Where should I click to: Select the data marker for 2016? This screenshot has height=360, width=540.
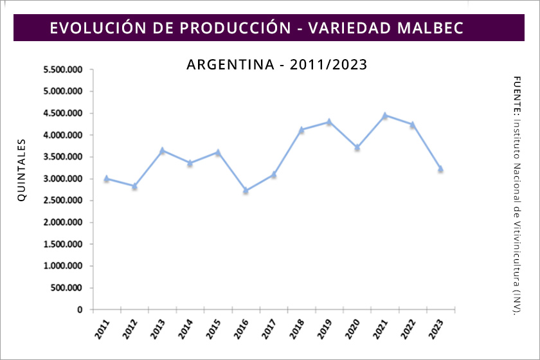click(x=246, y=190)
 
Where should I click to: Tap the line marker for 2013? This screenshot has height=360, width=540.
click(x=162, y=151)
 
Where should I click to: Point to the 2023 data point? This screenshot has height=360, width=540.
click(x=440, y=169)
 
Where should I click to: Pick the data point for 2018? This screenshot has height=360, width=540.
click(x=301, y=130)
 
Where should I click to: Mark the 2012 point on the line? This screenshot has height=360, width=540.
click(x=134, y=186)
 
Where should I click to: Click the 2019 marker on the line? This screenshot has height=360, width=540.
click(x=329, y=122)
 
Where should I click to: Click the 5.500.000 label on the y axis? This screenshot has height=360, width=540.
click(x=63, y=69)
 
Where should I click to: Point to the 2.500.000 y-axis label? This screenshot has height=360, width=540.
click(x=63, y=201)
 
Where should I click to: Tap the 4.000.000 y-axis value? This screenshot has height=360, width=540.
click(x=63, y=135)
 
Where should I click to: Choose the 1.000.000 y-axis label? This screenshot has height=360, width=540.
click(x=63, y=266)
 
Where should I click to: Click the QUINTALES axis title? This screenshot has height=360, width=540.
click(x=22, y=170)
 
